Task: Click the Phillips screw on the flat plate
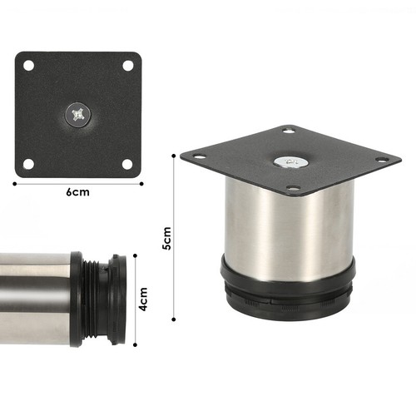pos(78,114)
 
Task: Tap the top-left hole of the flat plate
pos(28,65)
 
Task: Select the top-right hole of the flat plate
pos(127,65)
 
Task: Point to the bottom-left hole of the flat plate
pos(28,164)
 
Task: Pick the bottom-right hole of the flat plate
pos(127,164)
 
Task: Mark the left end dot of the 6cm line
pos(15,182)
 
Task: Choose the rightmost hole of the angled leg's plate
pos(383,160)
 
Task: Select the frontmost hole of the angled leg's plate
pos(293,189)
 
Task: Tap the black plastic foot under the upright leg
pos(287,287)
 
